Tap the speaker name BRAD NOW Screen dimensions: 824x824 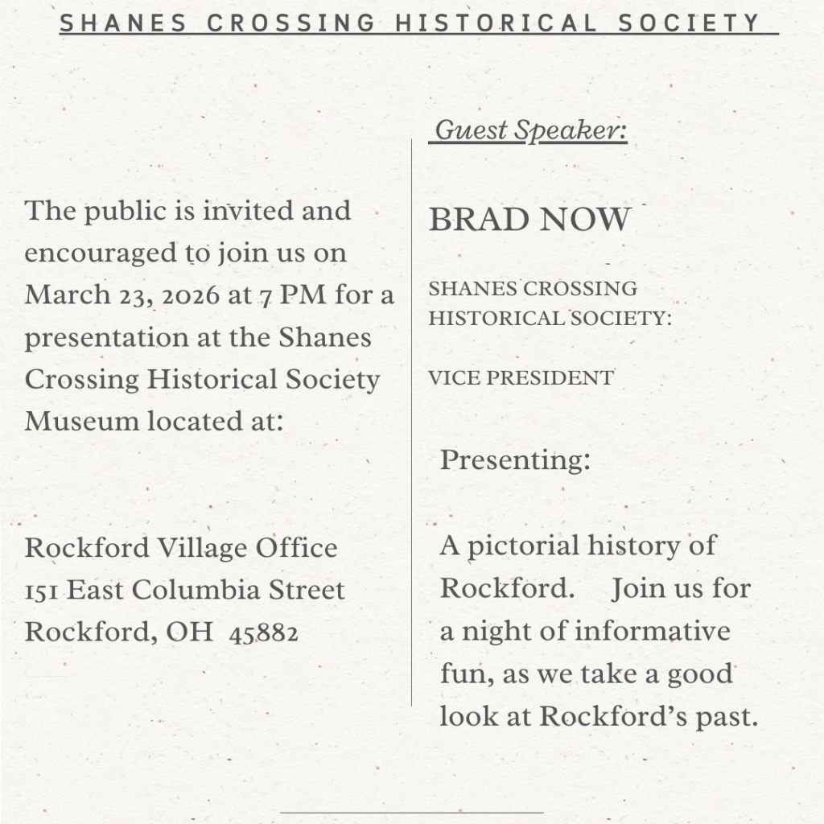coord(529,220)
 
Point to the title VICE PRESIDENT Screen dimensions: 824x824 coord(521,377)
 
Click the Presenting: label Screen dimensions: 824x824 coord(515,461)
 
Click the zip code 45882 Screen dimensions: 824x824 coord(264,633)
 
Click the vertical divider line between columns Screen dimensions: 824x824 coord(412,418)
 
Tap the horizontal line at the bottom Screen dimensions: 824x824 coord(412,813)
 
